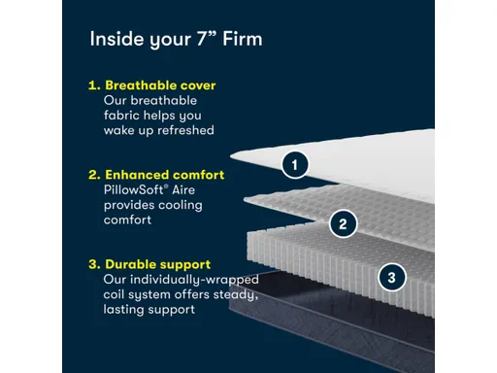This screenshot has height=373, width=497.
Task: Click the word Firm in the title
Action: (243, 39)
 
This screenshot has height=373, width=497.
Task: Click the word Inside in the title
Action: (117, 39)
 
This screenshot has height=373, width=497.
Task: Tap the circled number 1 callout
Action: (295, 165)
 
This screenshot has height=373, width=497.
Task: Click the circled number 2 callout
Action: (343, 223)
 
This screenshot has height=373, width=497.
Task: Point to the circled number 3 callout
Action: (391, 277)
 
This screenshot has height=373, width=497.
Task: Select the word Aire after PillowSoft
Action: (183, 189)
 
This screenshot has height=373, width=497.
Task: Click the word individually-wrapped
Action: (194, 280)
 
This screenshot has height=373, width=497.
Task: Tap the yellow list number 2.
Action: (94, 175)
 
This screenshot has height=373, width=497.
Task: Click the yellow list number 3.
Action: (94, 264)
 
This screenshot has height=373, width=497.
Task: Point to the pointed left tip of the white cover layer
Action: (231, 155)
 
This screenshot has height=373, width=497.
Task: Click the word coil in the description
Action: (114, 294)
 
